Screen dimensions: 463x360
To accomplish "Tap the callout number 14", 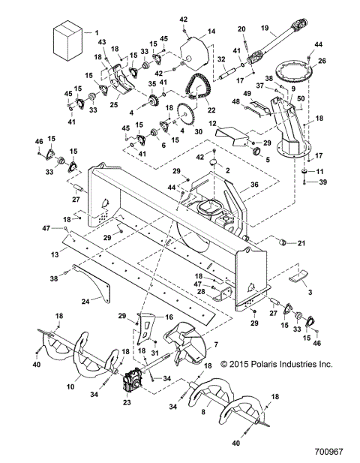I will tap(211, 31).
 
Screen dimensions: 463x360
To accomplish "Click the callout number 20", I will tap(241, 29).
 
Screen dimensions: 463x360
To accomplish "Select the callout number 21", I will tap(302, 243).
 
